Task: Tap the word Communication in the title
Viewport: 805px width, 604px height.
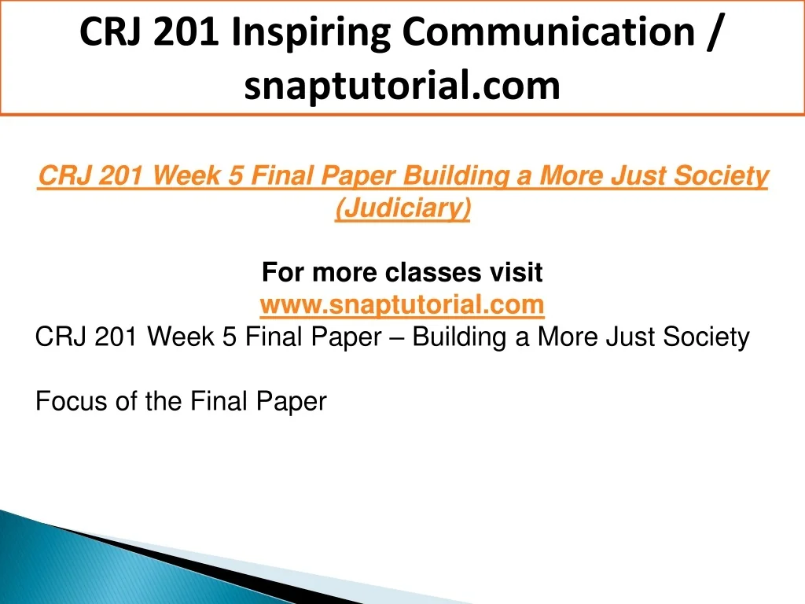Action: tap(549, 31)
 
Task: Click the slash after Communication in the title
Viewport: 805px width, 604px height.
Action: tap(714, 32)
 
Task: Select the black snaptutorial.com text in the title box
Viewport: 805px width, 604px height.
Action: tap(402, 86)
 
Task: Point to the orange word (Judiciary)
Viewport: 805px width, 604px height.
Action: tap(402, 208)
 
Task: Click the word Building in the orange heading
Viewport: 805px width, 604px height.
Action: tap(457, 175)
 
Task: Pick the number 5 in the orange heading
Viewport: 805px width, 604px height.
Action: tap(236, 175)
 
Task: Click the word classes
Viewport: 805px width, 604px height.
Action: tap(433, 272)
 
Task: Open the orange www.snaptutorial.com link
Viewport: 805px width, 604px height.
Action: tap(402, 304)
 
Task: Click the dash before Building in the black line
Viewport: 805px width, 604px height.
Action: tap(397, 338)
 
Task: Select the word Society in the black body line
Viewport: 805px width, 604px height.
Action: tap(706, 338)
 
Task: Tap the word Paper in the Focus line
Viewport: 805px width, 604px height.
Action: tap(291, 402)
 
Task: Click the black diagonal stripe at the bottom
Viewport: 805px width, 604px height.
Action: tap(205, 565)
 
